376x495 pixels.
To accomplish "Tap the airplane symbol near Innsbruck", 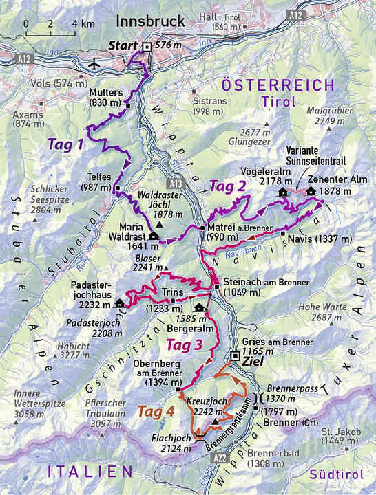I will tap(94, 65).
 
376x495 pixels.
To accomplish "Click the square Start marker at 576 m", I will tap(147, 47).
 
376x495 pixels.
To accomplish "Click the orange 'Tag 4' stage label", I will tap(156, 412).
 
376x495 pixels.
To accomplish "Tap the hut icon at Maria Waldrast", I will tap(153, 236).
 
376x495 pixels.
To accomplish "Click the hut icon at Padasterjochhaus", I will tap(120, 303).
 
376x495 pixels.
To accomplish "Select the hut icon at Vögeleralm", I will tap(282, 192).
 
